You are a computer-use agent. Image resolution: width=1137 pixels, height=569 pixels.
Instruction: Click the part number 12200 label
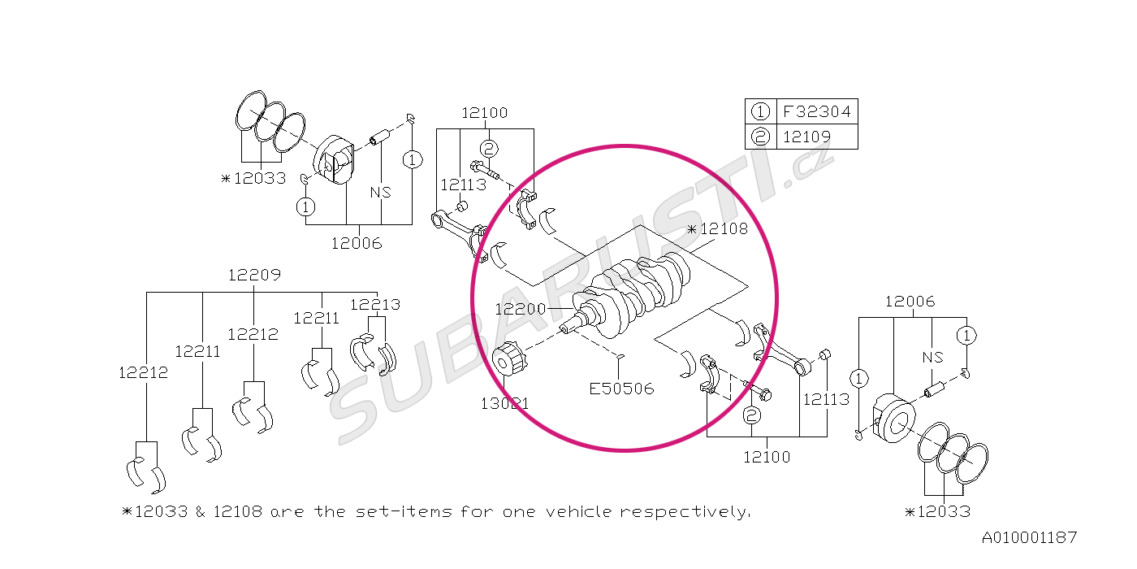click(x=520, y=310)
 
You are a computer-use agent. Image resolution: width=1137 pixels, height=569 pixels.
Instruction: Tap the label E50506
click(x=622, y=389)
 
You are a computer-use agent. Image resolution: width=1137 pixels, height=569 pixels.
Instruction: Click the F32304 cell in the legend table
click(x=815, y=111)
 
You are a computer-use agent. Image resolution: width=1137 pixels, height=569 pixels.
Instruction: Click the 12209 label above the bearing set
click(x=254, y=275)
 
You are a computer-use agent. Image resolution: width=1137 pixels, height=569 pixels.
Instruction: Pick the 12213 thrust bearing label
click(x=375, y=305)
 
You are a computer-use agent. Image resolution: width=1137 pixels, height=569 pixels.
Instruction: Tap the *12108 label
click(x=717, y=229)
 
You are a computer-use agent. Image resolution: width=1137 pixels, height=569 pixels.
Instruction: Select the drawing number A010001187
click(x=1030, y=537)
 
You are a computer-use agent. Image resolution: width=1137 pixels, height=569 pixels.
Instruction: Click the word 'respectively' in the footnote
click(x=685, y=511)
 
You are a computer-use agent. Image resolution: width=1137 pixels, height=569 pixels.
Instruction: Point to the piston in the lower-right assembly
click(x=893, y=418)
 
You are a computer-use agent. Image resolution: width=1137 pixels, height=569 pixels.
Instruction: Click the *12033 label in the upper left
click(x=253, y=178)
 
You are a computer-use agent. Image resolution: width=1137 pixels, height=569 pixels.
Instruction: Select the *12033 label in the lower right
click(x=937, y=511)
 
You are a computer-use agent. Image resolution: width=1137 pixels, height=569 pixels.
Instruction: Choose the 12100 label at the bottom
click(x=767, y=457)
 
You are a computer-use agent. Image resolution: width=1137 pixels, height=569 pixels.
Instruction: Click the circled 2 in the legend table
click(x=760, y=137)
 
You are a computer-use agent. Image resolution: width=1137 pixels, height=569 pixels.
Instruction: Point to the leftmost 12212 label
click(x=143, y=372)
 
